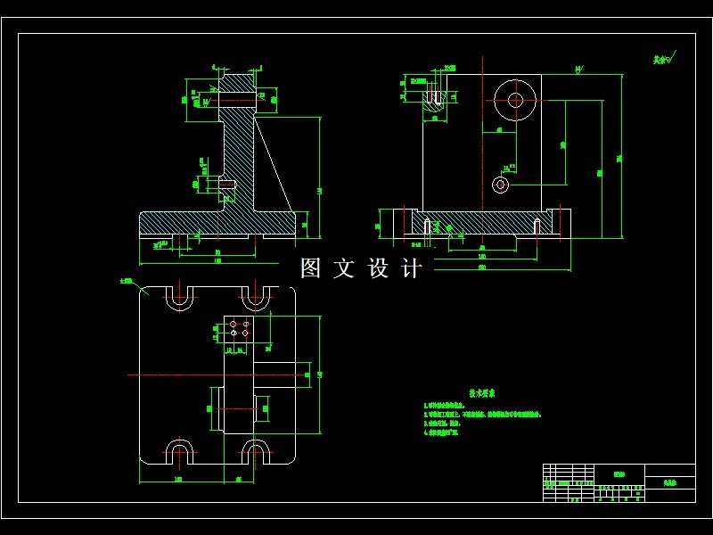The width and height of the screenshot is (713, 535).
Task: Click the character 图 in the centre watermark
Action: coord(310,268)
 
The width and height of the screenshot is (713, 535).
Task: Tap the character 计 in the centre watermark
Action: coord(412,268)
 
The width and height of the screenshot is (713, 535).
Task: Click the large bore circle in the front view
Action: coord(515,100)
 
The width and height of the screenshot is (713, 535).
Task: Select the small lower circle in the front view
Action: coord(500,185)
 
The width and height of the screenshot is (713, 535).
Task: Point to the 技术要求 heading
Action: coord(482,392)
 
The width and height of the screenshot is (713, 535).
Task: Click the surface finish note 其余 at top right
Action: coord(661,60)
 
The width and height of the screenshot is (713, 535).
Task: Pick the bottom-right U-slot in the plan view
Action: coord(257,450)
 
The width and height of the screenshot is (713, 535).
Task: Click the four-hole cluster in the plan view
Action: coord(239,327)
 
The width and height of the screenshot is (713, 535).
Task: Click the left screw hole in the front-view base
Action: coord(428,226)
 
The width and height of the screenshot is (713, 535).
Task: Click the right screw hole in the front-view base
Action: coord(537,226)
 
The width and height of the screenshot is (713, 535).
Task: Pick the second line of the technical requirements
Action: coord(482,415)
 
